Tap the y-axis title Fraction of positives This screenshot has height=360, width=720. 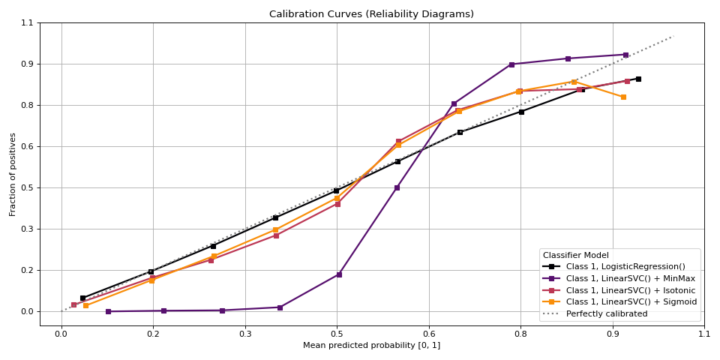pos(13,174)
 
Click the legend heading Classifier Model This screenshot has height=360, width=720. pos(576,255)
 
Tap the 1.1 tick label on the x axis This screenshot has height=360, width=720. pos(703,334)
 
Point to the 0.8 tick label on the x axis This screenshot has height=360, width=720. pos(520,334)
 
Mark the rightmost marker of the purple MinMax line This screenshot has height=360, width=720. pos(625,55)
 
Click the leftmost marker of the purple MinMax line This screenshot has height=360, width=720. pos(108,311)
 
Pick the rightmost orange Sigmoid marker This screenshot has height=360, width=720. pos(623,97)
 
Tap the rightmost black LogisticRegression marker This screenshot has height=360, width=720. pos(638,79)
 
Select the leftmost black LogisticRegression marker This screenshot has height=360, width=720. pos(82,298)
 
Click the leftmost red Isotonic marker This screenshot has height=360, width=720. pos(73,304)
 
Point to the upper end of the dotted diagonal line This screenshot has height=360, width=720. pos(673,35)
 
